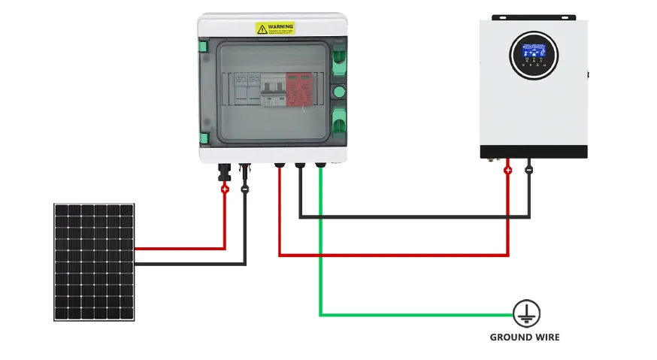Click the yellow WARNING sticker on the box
click(275, 28)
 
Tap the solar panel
click(94, 262)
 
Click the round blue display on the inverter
click(534, 56)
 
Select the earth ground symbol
click(526, 313)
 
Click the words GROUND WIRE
click(525, 337)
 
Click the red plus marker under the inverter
click(507, 171)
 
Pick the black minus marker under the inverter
click(529, 171)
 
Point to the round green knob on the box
click(338, 92)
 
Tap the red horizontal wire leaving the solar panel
click(180, 248)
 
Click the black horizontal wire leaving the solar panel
click(188, 264)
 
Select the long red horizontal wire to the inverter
click(391, 256)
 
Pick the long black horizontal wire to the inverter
click(413, 217)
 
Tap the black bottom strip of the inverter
click(534, 152)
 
